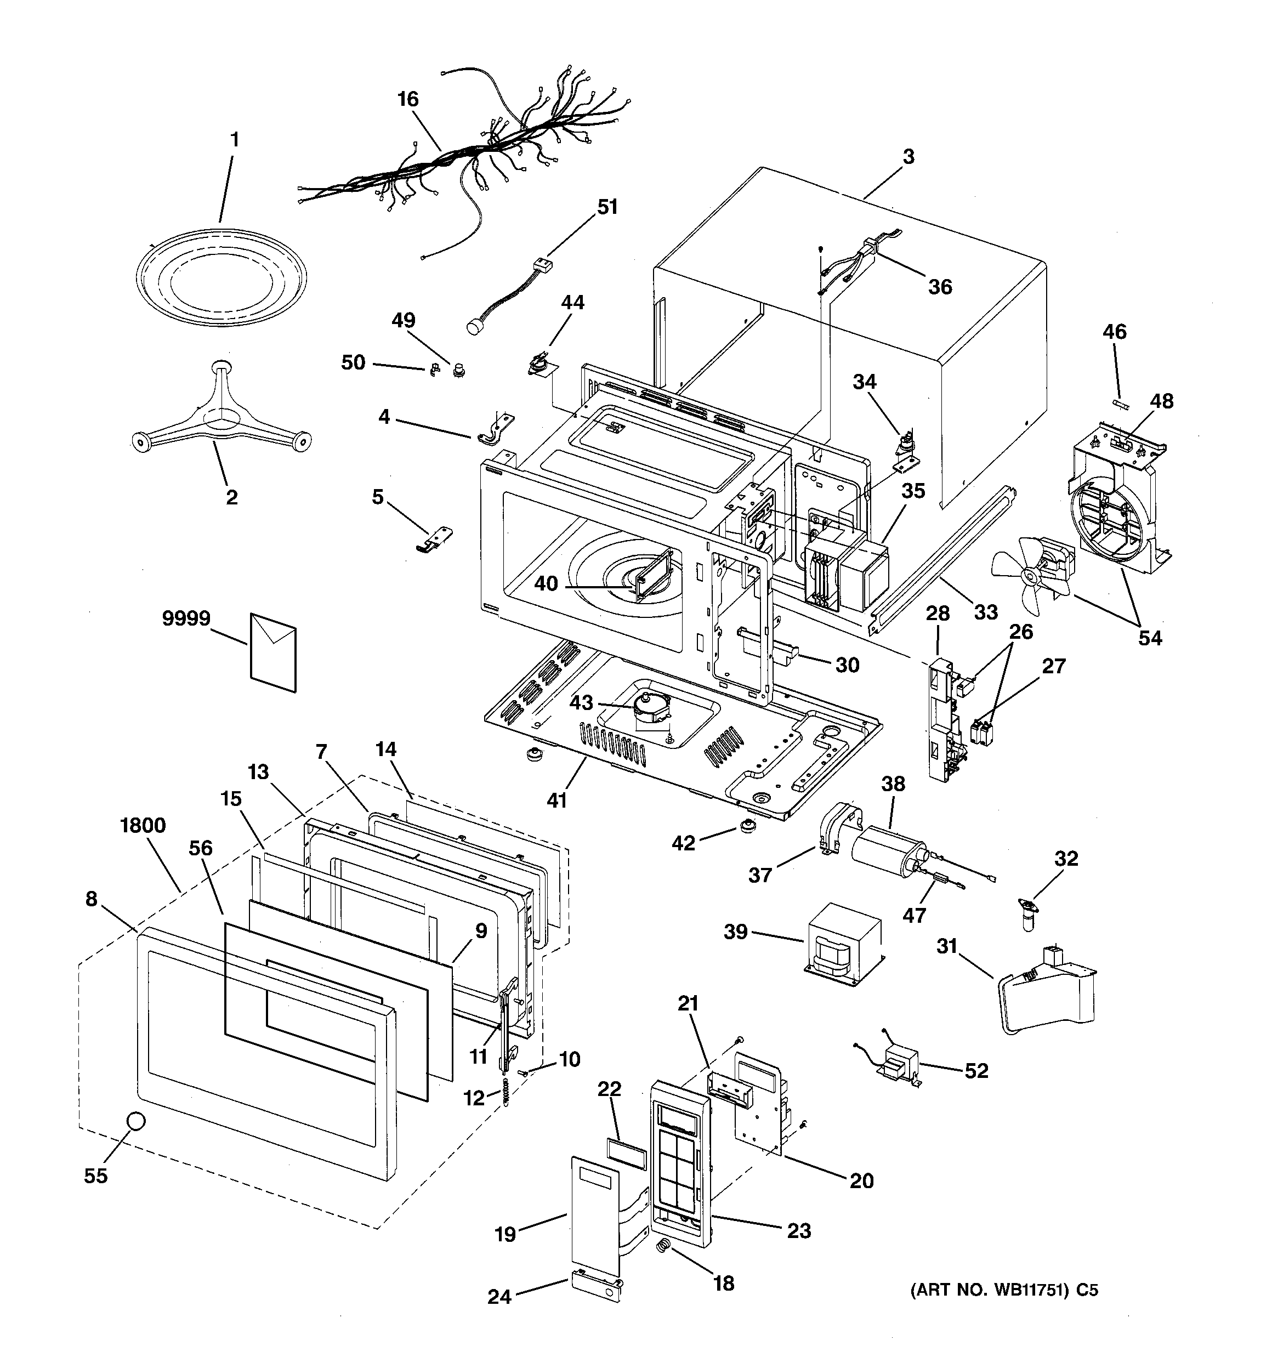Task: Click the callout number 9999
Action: pyautogui.click(x=186, y=618)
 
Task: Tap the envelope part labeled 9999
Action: pyautogui.click(x=273, y=652)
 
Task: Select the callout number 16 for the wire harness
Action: pyautogui.click(x=407, y=100)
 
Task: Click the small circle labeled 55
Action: pyautogui.click(x=137, y=1121)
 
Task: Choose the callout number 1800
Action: pyautogui.click(x=143, y=825)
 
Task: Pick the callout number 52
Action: pyautogui.click(x=976, y=1070)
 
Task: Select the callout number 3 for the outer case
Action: pyautogui.click(x=908, y=157)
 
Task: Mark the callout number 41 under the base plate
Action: pyautogui.click(x=557, y=799)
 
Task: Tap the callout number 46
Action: pyautogui.click(x=1114, y=332)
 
